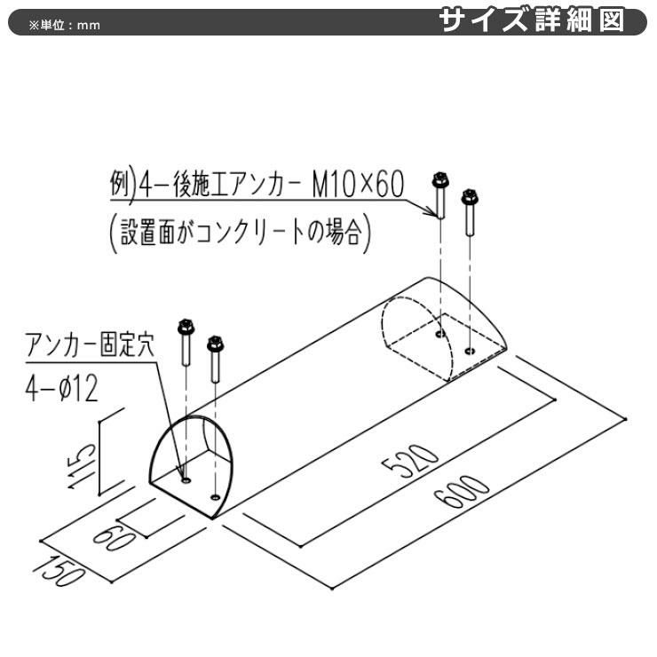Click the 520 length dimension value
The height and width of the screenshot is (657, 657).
pos(410,461)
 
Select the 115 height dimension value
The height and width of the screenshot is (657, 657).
pos(82,466)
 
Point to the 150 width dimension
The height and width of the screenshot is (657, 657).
pos(58,571)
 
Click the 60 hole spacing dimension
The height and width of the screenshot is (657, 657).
pos(114,538)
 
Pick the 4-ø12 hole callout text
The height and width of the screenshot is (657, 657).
pos(61,388)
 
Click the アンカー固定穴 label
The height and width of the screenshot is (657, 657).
pos(90,344)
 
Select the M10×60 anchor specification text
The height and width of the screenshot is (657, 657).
pos(359,185)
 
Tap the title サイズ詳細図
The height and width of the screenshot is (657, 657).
pos(532,20)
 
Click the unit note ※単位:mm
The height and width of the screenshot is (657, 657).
pos(65,25)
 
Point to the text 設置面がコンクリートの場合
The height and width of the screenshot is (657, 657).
pos(240,233)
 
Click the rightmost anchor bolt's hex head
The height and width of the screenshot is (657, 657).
pos(470,196)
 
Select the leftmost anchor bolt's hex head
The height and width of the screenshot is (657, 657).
pos(186,327)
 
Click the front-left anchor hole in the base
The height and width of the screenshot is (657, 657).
pos(186,480)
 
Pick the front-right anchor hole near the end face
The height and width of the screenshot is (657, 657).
pos(216,497)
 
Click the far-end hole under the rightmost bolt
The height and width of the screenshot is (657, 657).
pos(471,351)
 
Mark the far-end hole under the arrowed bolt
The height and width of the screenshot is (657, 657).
pos(440,334)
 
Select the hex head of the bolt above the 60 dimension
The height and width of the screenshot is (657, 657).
pos(215,344)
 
